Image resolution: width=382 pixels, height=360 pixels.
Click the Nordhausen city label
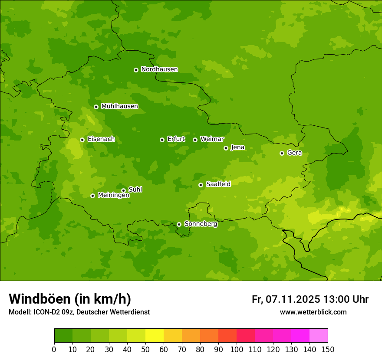(159, 69)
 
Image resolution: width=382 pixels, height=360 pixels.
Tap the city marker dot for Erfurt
(162, 140)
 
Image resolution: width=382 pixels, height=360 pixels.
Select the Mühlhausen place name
(119, 106)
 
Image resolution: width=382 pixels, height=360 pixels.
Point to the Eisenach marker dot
(82, 140)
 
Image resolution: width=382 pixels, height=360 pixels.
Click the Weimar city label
(212, 139)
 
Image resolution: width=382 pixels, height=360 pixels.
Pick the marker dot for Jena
(226, 148)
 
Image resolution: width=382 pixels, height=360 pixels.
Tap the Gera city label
(294, 153)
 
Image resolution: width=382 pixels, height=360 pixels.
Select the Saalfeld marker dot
(201, 185)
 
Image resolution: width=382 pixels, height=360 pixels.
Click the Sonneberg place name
(201, 224)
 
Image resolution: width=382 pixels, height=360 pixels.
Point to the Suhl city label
(135, 190)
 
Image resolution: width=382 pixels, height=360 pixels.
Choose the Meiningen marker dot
(92, 196)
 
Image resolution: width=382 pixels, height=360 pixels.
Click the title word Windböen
(39, 299)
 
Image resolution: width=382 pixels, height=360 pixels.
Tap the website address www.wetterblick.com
(313, 312)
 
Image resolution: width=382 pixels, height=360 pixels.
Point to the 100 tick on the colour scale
(237, 349)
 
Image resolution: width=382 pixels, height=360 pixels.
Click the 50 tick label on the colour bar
(145, 349)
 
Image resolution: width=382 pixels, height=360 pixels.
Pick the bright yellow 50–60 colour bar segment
(155, 336)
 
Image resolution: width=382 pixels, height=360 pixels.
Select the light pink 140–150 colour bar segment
(319, 336)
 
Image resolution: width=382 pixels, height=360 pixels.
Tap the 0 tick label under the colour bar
(54, 349)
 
